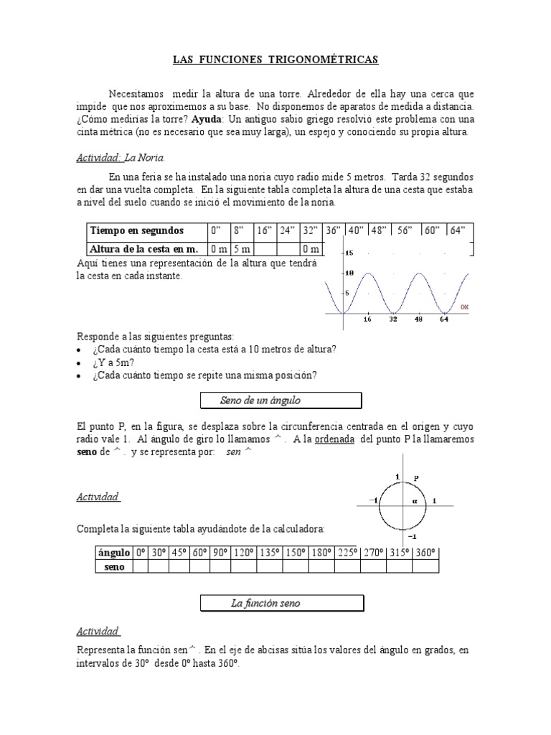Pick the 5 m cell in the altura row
(242, 248)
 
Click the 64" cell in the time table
(458, 230)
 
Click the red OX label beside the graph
(464, 306)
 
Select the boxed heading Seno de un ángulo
(281, 400)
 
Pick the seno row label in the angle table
(113, 566)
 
